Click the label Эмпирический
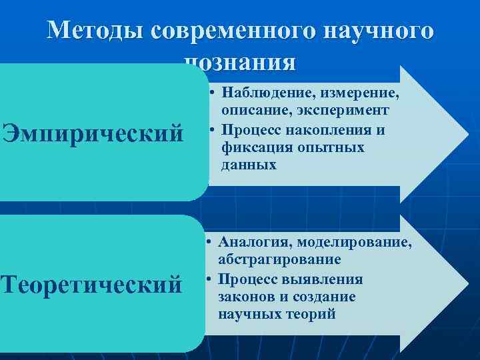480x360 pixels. [93, 132]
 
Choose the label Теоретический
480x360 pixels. [91, 284]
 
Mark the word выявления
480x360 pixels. [327, 279]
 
